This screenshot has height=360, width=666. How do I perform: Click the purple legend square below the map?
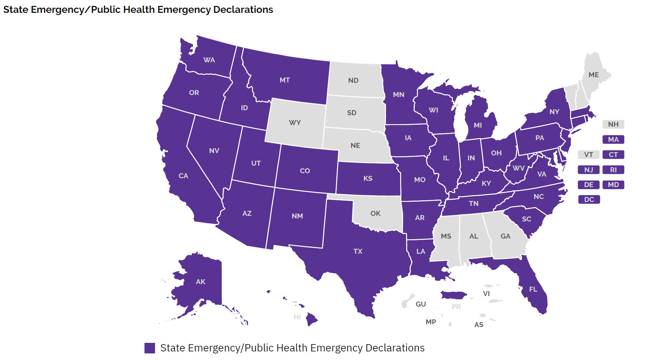(x=150, y=348)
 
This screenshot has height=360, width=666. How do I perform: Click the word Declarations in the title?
(x=243, y=10)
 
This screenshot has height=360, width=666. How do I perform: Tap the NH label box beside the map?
(x=613, y=124)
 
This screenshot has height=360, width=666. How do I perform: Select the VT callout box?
(x=588, y=155)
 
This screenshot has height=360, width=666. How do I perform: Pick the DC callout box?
(x=589, y=200)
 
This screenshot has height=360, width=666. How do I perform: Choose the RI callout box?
(x=613, y=170)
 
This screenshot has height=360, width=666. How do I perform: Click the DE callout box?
(x=588, y=185)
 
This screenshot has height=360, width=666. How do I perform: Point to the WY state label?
(x=295, y=123)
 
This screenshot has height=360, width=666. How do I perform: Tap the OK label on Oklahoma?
(x=375, y=213)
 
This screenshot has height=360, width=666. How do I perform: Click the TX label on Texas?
(x=358, y=251)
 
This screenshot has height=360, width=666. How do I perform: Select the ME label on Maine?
(x=594, y=75)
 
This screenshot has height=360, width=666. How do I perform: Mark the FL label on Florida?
(x=533, y=289)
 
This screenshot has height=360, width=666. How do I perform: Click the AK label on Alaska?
(x=201, y=282)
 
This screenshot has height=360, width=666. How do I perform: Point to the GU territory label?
(x=421, y=304)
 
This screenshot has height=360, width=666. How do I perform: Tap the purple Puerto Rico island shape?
(x=453, y=295)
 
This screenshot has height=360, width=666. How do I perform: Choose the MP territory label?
(x=431, y=322)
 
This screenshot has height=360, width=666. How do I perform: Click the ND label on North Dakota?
(x=353, y=81)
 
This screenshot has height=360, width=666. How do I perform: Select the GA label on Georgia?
(x=505, y=236)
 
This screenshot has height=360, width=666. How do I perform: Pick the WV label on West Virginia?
(x=519, y=168)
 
